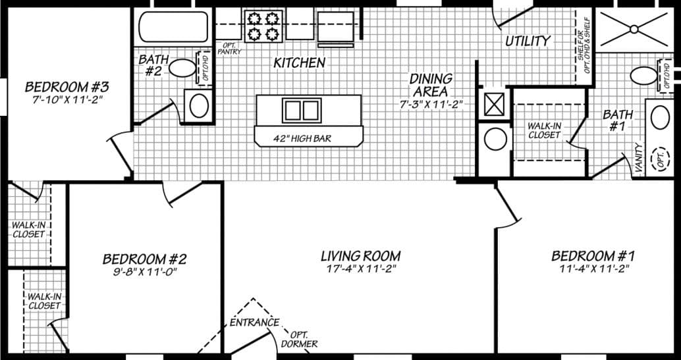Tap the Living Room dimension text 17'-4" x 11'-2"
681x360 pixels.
click(x=360, y=269)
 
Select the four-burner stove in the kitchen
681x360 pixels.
click(x=261, y=26)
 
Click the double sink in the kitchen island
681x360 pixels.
click(x=302, y=110)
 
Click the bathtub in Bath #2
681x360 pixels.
click(x=174, y=26)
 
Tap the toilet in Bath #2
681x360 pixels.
click(x=182, y=68)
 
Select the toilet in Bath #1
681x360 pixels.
click(x=643, y=76)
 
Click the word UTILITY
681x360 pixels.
click(x=528, y=41)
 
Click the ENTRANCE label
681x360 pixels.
click(x=254, y=322)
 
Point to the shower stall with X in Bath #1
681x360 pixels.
click(x=635, y=28)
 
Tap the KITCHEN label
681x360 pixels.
click(x=300, y=63)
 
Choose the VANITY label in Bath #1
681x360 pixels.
click(x=638, y=159)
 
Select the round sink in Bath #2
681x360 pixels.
click(x=198, y=105)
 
